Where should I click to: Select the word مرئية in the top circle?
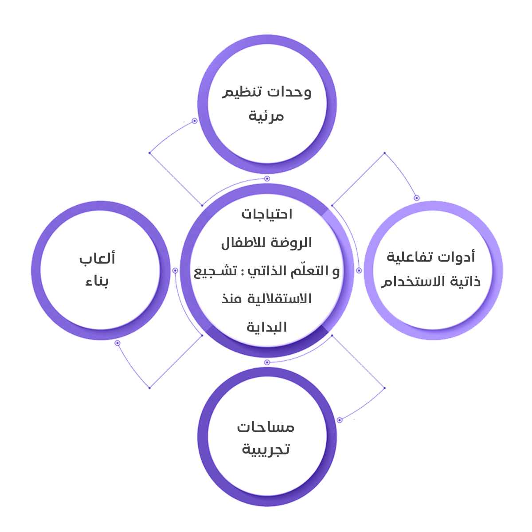(266, 116)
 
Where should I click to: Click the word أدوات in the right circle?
(457, 257)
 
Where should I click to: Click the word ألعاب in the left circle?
(97, 258)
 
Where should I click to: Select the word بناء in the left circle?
(97, 281)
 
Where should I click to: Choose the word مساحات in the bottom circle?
(266, 427)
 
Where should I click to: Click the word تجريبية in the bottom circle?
(266, 450)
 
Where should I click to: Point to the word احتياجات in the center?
(267, 215)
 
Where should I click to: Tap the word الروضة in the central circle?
(292, 243)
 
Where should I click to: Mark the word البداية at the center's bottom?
(267, 327)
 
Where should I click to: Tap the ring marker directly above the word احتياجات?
(267, 179)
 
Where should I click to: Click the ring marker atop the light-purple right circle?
(417, 198)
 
